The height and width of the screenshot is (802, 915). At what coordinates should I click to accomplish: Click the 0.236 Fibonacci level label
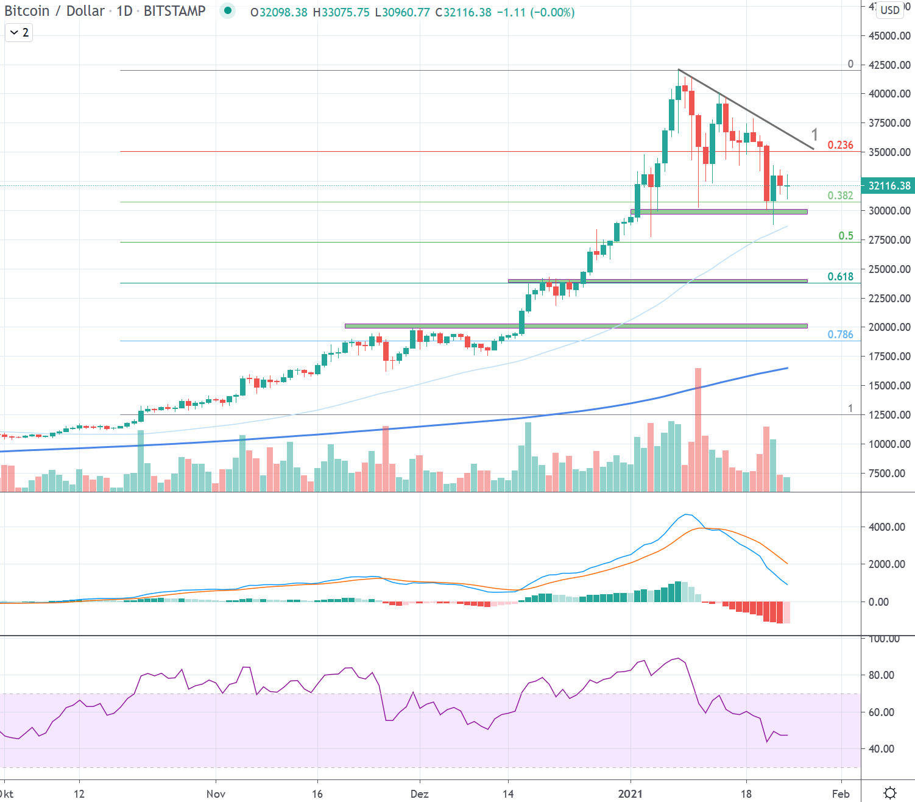point(840,145)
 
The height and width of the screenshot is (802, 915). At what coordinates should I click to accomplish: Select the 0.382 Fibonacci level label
point(840,196)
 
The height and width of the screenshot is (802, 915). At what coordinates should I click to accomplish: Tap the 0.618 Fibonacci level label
point(840,277)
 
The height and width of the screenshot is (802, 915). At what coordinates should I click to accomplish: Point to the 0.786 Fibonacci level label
point(840,335)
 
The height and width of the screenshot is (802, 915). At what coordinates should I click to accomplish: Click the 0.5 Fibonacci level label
point(846,236)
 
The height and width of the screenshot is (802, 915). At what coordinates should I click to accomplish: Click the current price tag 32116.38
point(889,186)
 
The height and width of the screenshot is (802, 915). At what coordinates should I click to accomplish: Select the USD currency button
point(890,10)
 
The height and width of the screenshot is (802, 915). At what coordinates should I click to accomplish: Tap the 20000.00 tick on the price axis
point(889,327)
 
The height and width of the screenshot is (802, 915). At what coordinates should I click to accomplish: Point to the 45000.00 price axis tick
point(889,36)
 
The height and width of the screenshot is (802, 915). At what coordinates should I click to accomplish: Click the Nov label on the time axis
point(216,793)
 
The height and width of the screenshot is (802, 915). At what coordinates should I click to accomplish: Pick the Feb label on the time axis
point(841,793)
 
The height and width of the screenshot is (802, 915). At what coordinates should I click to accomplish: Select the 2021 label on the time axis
point(631,793)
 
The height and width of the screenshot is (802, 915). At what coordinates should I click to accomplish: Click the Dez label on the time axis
point(419,793)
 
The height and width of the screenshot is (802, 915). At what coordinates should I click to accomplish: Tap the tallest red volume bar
point(698,427)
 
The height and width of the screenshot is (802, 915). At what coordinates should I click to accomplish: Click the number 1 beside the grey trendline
point(814,135)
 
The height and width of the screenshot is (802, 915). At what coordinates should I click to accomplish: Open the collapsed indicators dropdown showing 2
point(19,33)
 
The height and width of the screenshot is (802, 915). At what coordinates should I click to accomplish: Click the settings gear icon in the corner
point(890,793)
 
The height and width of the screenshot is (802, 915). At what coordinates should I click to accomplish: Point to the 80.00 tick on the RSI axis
point(881,675)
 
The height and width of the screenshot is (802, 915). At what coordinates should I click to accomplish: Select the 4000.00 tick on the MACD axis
point(886,527)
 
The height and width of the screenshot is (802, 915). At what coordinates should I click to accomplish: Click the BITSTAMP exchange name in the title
point(174,11)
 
